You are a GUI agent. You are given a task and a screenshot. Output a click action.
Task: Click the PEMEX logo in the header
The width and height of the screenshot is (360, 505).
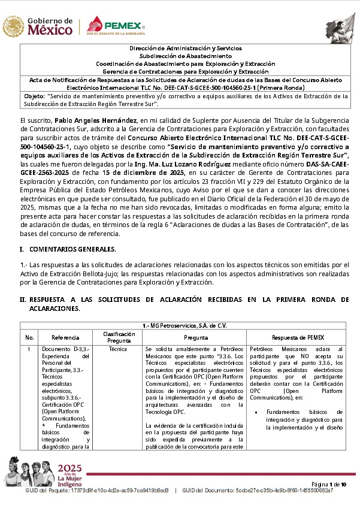coord(116,27)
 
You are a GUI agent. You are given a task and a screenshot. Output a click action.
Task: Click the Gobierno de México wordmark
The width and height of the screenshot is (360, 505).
coord(50,26)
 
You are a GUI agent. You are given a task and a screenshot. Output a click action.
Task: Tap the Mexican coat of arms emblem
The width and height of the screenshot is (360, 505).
coord(13,26)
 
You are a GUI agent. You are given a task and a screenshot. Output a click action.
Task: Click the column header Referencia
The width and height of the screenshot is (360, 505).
coord(65,337)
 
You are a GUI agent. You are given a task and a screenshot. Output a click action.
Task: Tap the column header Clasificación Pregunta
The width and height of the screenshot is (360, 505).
coord(119,337)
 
